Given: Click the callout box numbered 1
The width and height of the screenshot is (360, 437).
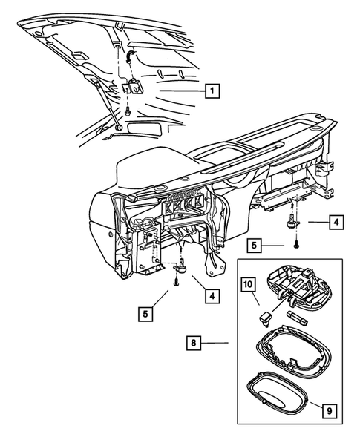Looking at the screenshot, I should (212, 91).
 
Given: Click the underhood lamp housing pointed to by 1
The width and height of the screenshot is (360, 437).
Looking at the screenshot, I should (133, 87).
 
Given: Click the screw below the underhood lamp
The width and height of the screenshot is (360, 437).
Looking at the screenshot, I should (128, 111).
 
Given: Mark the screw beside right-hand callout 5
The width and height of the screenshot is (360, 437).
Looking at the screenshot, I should (296, 244).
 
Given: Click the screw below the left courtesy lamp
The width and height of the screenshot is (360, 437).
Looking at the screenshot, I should (176, 282).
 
